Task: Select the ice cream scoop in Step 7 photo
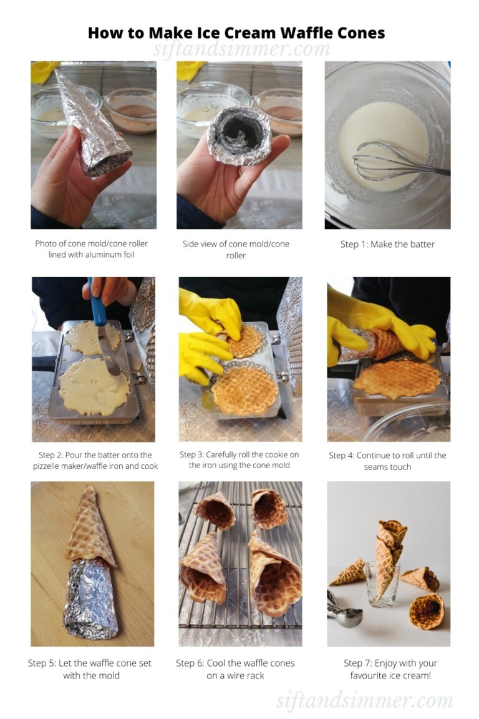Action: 344,610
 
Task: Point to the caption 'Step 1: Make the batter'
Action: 387,245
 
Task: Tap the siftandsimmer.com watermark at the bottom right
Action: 365,700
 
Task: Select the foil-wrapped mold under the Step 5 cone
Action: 91,599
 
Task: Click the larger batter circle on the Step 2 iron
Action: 94,386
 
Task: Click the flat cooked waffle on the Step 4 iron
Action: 397,379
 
